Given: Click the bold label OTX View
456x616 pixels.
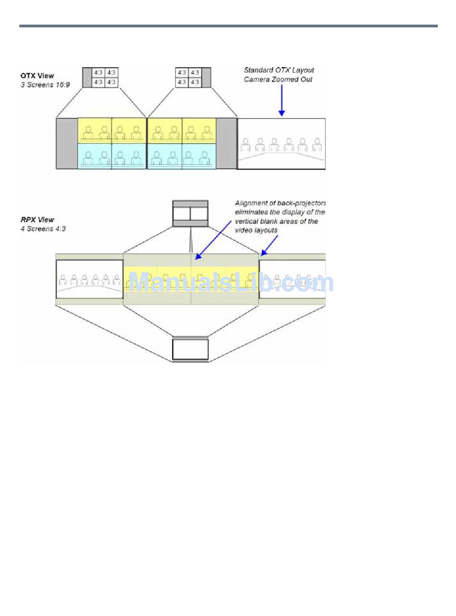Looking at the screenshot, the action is point(37,76).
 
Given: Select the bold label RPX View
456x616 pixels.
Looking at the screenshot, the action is point(37,220).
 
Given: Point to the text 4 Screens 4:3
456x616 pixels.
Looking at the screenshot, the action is point(43,229).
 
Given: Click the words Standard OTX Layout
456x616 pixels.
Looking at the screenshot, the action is point(279,71).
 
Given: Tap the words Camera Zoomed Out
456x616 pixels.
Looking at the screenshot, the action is point(278,80).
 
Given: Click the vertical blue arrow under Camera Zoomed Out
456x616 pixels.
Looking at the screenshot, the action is point(282,101).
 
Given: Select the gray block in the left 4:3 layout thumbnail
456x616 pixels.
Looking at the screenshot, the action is point(87,77).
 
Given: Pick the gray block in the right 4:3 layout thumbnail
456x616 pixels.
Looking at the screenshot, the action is point(206,77).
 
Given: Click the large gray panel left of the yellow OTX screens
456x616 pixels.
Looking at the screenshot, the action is point(67,143).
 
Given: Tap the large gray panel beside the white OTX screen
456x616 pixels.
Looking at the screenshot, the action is point(227,143).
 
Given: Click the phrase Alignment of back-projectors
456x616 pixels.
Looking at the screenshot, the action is point(280,203).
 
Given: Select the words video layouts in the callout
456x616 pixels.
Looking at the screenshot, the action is point(256,231).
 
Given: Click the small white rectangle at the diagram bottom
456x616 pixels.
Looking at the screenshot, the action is point(191,349).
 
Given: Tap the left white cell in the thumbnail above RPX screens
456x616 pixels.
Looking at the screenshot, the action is point(181,214).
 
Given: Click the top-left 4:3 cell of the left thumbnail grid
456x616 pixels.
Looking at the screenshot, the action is point(98,72).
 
